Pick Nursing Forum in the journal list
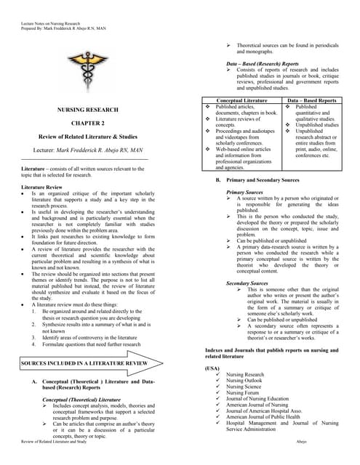tap(244, 393)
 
